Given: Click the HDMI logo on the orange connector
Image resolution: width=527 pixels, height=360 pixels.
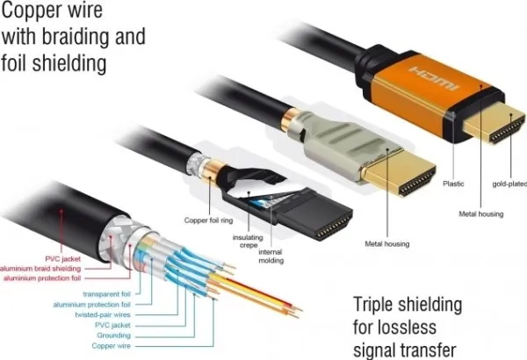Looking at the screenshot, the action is point(434,79).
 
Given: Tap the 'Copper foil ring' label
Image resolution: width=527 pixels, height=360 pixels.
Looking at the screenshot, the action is point(208,220).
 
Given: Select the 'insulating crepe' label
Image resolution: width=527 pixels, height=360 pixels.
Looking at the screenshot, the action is point(248,241).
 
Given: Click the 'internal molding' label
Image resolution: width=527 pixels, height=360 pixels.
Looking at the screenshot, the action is point(271,256).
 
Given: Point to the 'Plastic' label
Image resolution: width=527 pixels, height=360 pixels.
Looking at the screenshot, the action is point(453,184).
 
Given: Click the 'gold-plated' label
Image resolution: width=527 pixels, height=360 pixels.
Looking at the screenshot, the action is point(509,184).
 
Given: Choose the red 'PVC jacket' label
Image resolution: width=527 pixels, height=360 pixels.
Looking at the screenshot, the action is point(63,259).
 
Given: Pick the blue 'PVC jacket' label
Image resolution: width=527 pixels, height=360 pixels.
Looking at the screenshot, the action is point(112,325).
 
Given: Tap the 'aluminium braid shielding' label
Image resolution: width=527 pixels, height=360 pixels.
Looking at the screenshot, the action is point(40,269).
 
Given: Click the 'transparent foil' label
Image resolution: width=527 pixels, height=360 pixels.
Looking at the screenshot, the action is point(106,294).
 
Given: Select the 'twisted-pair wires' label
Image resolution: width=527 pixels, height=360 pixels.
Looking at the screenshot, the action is point(103,315).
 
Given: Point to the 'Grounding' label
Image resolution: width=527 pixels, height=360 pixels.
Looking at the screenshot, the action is point(113,335).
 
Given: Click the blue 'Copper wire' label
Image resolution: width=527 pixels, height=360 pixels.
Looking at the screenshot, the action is point(111,346).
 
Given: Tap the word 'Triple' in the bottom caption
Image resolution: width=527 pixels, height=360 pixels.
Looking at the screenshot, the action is point(372,305).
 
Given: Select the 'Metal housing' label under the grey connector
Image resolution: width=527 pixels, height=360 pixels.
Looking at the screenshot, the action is point(387,244).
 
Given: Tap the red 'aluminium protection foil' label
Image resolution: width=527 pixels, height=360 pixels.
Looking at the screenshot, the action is point(42,278).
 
